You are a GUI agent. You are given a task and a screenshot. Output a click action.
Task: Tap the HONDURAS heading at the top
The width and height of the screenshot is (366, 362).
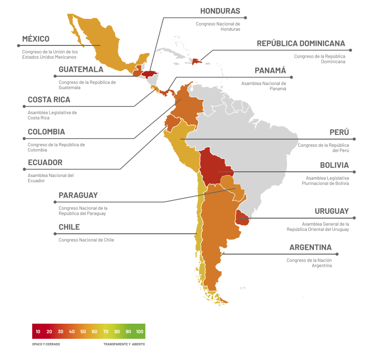pos(220,11)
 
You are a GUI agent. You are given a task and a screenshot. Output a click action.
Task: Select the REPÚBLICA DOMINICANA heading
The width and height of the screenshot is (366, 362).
pos(301,44)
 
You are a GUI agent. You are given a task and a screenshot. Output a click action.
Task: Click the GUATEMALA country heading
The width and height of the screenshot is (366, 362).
pos(81,70)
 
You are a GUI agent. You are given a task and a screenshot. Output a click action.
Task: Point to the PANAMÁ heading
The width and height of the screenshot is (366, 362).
pos(270,71)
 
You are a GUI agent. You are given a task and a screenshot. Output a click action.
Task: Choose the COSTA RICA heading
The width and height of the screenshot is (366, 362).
pos(49,100)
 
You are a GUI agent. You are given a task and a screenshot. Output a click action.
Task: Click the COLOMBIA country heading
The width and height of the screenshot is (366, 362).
pos(46,132)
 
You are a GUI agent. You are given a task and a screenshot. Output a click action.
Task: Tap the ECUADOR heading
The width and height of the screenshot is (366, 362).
pos(45,163)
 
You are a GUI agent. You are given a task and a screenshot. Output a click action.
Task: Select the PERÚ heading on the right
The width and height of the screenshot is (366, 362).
pos(339,132)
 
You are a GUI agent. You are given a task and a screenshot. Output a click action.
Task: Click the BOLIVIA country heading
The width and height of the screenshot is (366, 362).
pos(334,166)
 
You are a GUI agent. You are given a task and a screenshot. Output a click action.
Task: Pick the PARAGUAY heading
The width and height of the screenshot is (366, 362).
pos(78,195)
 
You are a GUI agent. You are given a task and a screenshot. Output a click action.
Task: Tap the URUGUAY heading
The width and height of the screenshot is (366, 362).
pos(331,212)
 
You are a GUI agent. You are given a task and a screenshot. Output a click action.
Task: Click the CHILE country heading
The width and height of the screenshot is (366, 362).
pos(69,227)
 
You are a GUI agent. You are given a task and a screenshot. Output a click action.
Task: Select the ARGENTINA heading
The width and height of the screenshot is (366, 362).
pos(310,247)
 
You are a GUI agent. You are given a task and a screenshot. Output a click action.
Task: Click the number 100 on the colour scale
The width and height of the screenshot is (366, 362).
pos(140,332)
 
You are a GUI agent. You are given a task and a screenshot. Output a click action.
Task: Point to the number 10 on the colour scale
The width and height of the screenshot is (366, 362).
pos(38,332)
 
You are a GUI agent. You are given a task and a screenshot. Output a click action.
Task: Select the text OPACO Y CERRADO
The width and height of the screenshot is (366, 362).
pos(46,344)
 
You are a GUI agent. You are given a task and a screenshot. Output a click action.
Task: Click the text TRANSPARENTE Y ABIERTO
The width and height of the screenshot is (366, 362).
pos(124,344)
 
